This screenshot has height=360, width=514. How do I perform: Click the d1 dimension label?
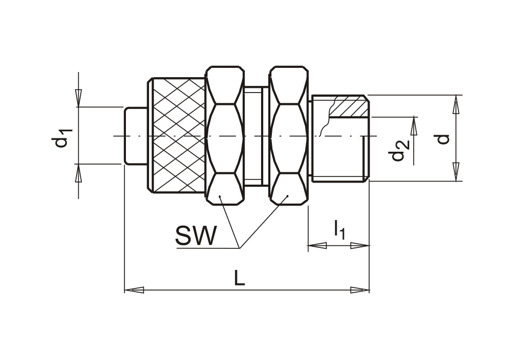click(62, 138)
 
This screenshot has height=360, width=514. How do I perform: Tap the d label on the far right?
click(443, 139)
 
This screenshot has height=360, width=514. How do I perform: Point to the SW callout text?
click(196, 236)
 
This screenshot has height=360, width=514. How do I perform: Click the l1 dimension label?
click(340, 230)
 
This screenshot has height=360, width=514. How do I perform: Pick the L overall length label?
click(240, 278)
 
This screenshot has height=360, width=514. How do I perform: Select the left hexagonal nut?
click(225, 135)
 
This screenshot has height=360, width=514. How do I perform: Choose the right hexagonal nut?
click(289, 135)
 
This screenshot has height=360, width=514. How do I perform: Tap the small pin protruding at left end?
click(135, 135)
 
